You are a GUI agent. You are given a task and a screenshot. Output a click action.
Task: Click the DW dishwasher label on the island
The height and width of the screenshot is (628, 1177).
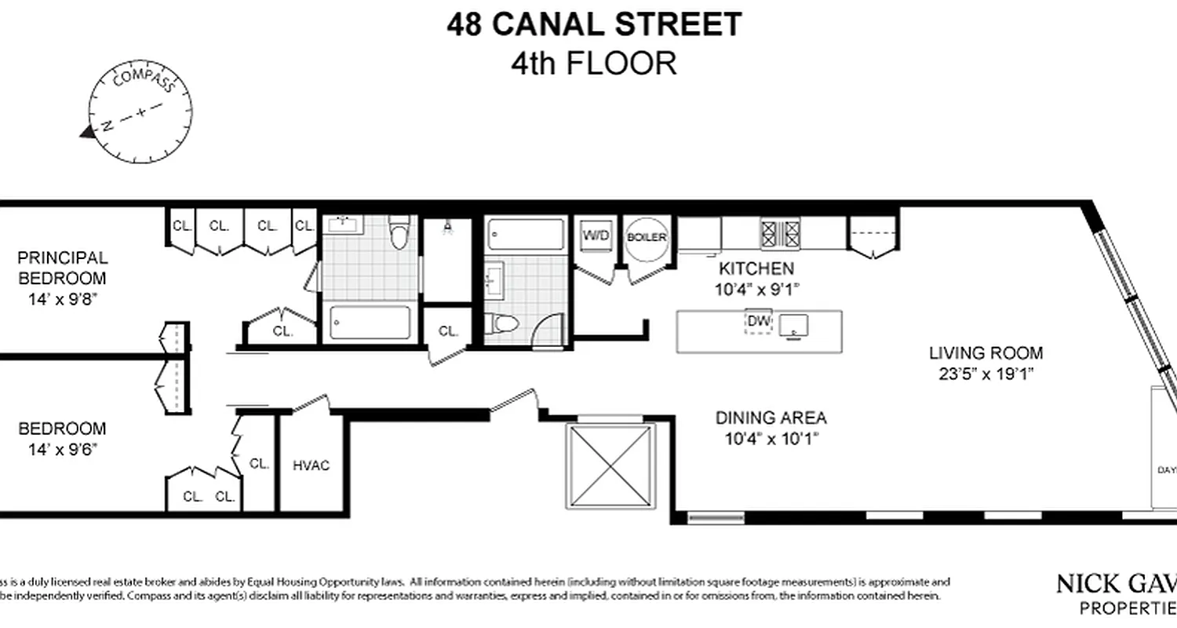click(x=759, y=321)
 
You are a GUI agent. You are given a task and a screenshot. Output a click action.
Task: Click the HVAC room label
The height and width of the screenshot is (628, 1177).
click(x=311, y=466)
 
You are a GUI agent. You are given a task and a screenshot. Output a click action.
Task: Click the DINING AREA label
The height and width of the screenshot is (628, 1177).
click(x=771, y=418)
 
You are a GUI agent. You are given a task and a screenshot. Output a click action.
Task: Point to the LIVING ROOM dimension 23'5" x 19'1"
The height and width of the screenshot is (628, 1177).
click(x=986, y=374)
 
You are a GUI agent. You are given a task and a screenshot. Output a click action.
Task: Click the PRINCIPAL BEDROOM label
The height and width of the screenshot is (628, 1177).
click(x=62, y=268)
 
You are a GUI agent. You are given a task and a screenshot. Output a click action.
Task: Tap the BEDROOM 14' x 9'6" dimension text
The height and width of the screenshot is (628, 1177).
click(x=62, y=450)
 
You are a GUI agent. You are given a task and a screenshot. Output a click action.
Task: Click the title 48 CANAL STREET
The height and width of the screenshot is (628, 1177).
click(x=593, y=25)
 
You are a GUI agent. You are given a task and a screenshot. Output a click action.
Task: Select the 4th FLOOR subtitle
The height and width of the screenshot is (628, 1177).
click(x=593, y=63)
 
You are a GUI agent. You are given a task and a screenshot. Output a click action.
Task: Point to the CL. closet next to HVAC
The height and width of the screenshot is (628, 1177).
click(x=259, y=464)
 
